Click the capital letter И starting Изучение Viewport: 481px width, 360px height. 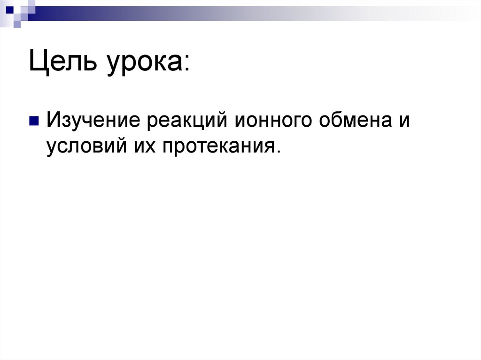pos(53,121)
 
